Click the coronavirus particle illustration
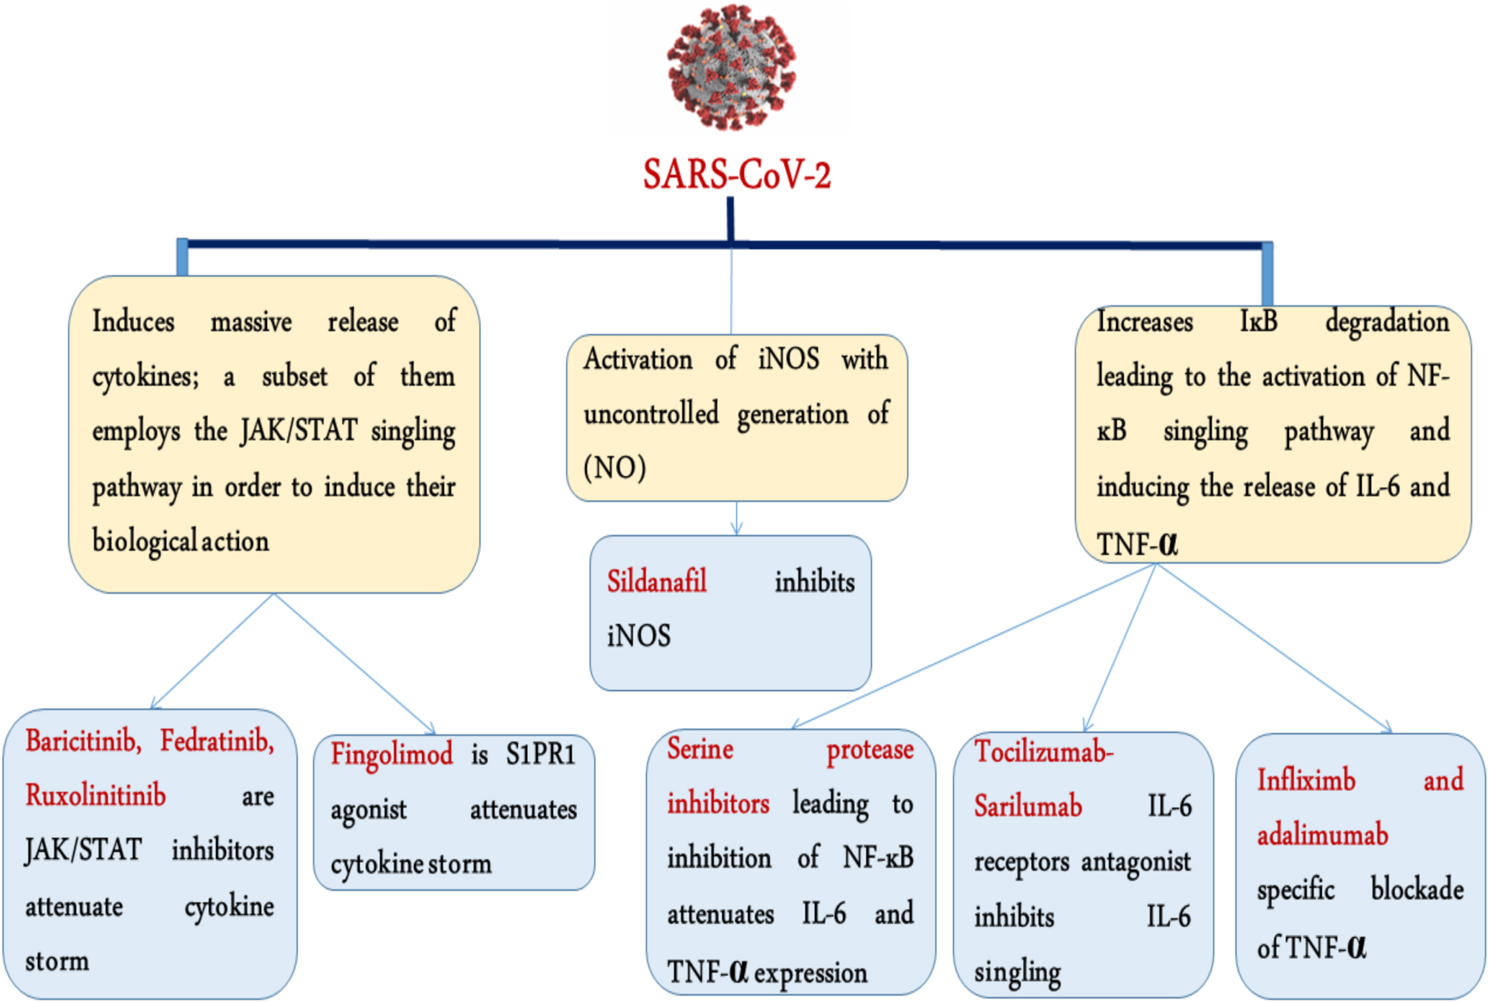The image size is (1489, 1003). [x=731, y=67]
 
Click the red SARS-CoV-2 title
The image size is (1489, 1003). [x=737, y=174]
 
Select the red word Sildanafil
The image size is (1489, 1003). [x=656, y=582]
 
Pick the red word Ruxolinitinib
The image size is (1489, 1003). [x=95, y=795]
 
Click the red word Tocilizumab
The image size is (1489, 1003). [x=1044, y=751]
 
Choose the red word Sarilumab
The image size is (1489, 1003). [x=1028, y=805]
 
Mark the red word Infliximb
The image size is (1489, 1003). [x=1306, y=780]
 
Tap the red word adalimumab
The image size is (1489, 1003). [x=1323, y=835]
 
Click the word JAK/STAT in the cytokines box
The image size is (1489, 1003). [x=298, y=430]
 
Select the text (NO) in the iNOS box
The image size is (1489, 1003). [x=615, y=468]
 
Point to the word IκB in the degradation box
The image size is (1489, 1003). [x=1259, y=321]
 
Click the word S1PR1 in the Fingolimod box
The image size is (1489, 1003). [x=541, y=754]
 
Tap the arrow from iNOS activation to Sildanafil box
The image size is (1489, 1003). [x=737, y=518]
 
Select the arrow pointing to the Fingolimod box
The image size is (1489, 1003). [x=355, y=664]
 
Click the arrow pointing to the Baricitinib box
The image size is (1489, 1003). [x=211, y=651]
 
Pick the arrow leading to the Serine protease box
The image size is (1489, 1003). [x=974, y=646]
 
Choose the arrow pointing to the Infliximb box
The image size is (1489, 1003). [x=1274, y=648]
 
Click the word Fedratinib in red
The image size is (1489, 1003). [x=217, y=741]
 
